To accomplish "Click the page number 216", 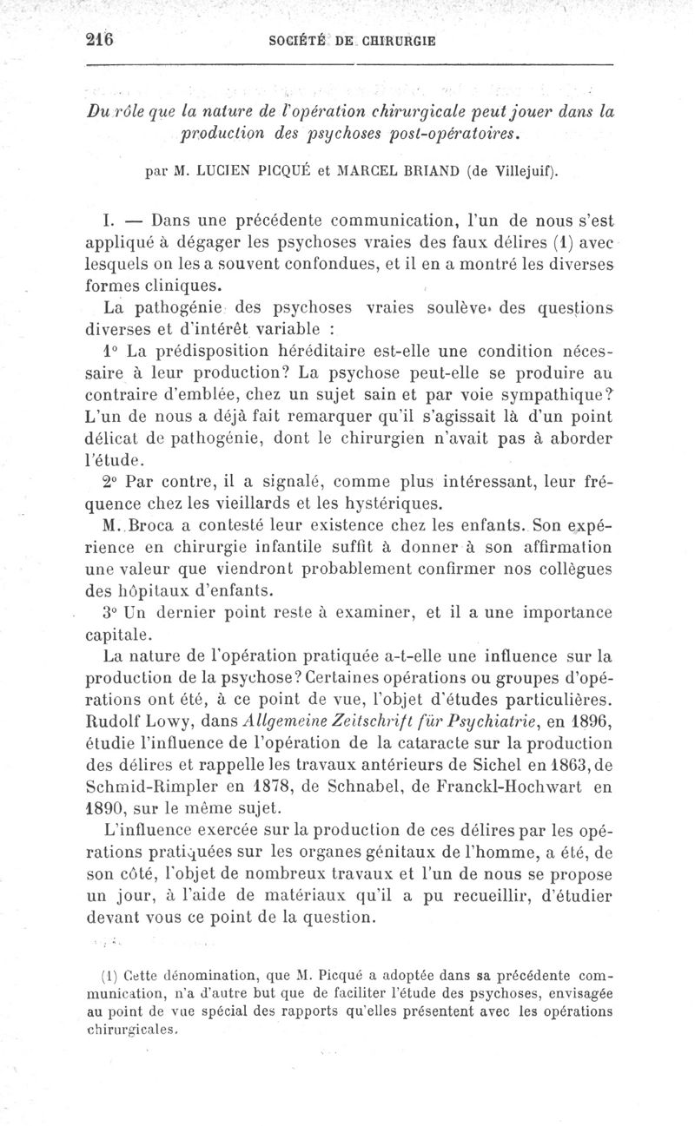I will [x=101, y=40].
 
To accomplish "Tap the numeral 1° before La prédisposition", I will [x=110, y=352].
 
